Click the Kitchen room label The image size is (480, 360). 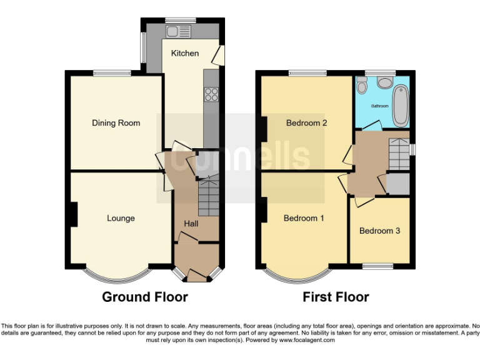[185, 53]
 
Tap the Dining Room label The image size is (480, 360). [116, 123]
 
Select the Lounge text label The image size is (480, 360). [121, 218]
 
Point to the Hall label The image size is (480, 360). [191, 224]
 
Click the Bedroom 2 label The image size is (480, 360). [306, 123]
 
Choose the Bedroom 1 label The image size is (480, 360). [304, 218]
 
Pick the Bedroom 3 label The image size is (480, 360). [379, 231]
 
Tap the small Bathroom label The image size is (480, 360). [379, 106]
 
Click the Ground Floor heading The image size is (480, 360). [144, 297]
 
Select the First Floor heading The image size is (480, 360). [336, 297]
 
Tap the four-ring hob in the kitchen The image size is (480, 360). [211, 95]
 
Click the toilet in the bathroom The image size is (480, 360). [385, 83]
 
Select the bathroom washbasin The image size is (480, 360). [362, 88]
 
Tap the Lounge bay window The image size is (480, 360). [117, 276]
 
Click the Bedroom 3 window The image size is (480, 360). [379, 266]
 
